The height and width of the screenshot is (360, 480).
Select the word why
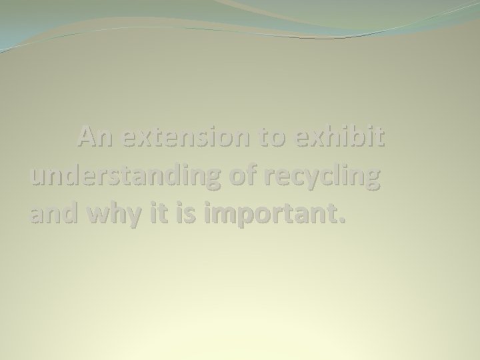[x=111, y=215]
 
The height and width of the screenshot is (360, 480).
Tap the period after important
[x=343, y=221]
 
